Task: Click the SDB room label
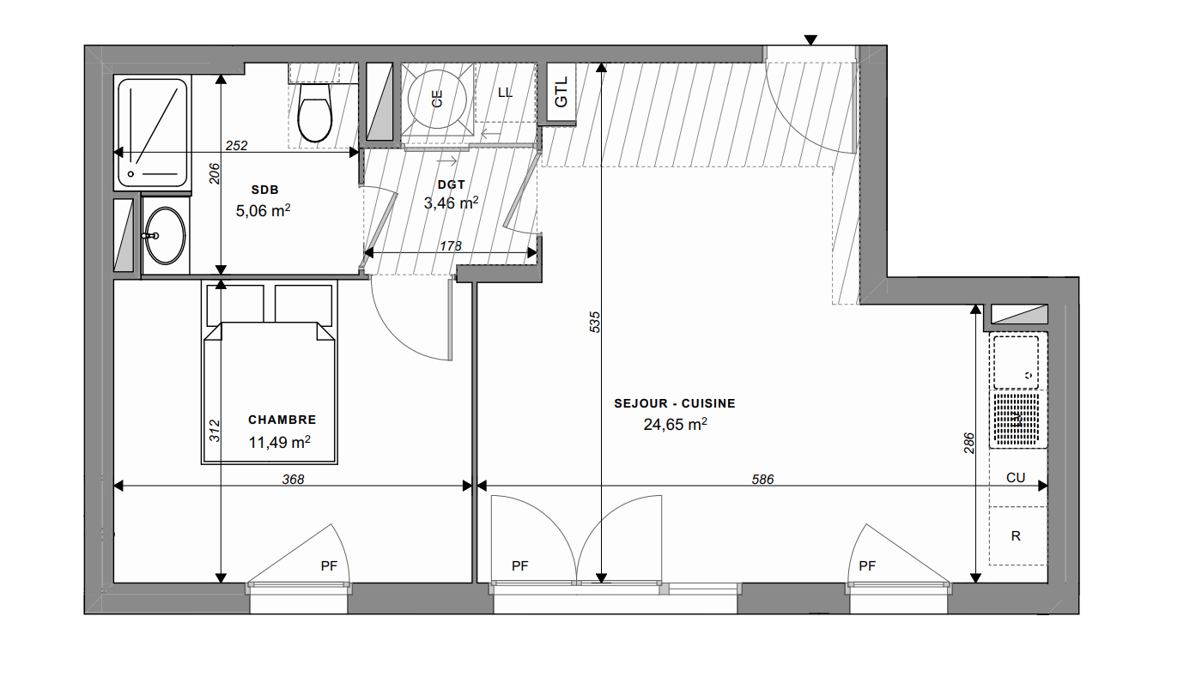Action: (x=265, y=190)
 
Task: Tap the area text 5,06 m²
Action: (x=263, y=210)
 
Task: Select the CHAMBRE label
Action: (x=282, y=420)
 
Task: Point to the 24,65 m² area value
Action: (x=675, y=425)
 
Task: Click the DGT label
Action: (x=452, y=184)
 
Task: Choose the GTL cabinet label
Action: (x=561, y=93)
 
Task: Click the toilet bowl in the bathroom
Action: (x=315, y=112)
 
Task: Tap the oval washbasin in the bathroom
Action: (x=165, y=235)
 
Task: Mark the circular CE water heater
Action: (x=437, y=99)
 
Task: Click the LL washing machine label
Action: (x=505, y=93)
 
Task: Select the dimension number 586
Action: (x=762, y=479)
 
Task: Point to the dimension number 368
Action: (x=293, y=479)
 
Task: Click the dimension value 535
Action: (x=594, y=322)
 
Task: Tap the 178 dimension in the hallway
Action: (x=450, y=245)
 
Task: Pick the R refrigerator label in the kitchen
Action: (x=1016, y=536)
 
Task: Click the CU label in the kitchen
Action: (x=1016, y=477)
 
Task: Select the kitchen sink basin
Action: (x=1016, y=362)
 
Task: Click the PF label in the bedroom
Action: (x=329, y=565)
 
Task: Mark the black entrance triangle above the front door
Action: (x=810, y=40)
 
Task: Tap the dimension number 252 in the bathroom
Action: (x=236, y=145)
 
